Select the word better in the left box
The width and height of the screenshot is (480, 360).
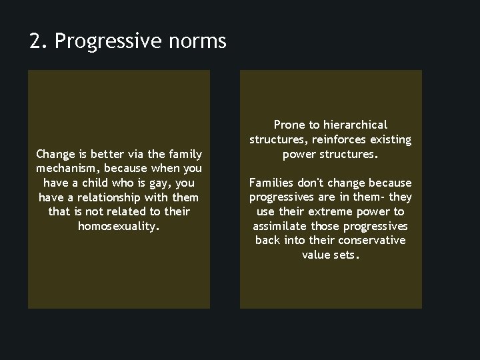[113, 154]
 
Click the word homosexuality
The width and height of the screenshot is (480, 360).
[119, 226]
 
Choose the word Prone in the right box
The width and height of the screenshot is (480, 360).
[289, 125]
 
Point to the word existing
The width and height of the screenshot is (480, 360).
[389, 139]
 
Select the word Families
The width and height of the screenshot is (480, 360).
[272, 183]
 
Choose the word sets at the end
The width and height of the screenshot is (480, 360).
[348, 255]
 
